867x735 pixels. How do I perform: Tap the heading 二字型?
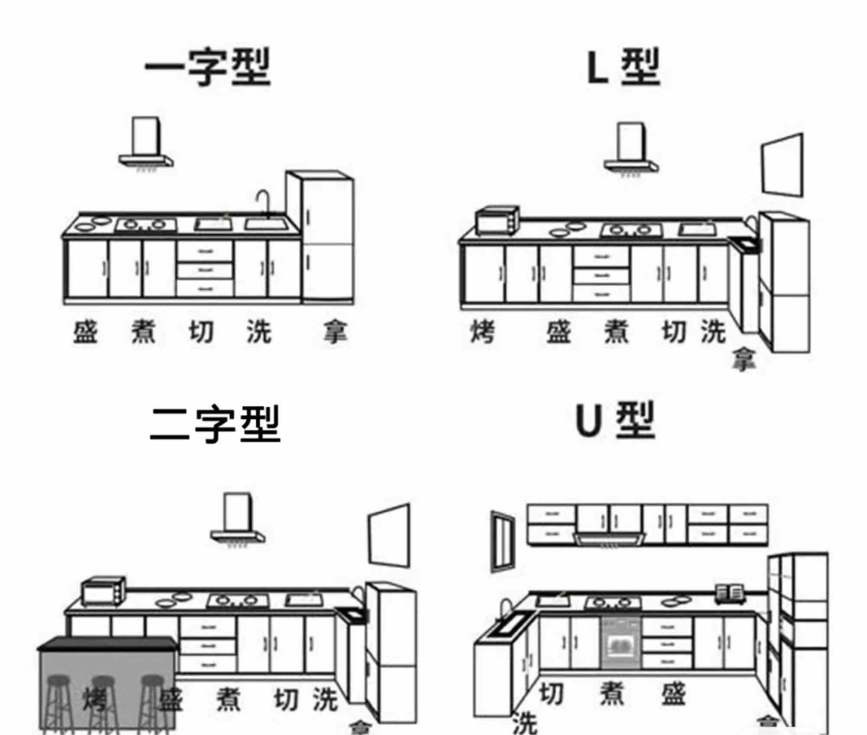pyautogui.click(x=215, y=424)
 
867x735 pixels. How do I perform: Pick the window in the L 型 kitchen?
pyautogui.click(x=783, y=166)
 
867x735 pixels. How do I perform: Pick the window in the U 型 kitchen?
pyautogui.click(x=503, y=541)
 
